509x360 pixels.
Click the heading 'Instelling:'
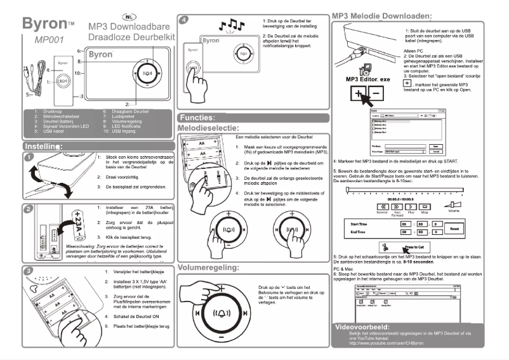[x=43, y=147]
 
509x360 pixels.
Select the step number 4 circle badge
[x=184, y=20]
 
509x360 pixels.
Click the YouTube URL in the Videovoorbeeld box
[x=383, y=342]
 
